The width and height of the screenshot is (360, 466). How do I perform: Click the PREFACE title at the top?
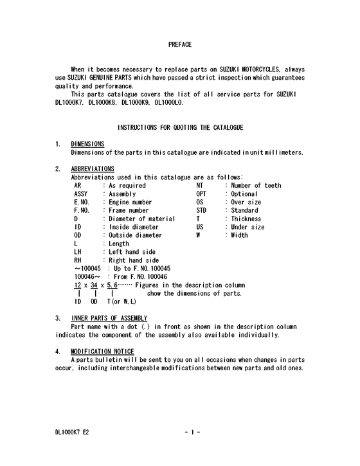pos(179,44)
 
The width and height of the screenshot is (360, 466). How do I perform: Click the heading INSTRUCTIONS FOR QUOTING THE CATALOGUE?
pos(180,128)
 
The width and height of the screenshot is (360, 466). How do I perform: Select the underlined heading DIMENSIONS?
pos(87,144)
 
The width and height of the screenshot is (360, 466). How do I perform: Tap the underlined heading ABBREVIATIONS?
pos(93,169)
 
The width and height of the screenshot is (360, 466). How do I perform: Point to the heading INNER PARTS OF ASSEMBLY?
pos(109,318)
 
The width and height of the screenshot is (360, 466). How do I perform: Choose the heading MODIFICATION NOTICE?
pos(103,351)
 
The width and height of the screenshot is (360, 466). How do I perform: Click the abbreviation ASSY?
pos(81,193)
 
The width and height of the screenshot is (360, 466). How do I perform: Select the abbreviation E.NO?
pos(82,202)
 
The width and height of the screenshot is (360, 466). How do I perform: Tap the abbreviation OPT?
pos(201,193)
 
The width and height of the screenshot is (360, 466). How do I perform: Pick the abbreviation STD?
pos(201,210)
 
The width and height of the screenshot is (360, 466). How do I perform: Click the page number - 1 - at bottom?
pos(192,432)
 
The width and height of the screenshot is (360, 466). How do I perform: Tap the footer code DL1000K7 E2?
pos(72,432)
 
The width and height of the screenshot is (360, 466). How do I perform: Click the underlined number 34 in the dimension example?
pos(94,285)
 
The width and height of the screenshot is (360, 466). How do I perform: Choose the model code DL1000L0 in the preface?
pos(169,102)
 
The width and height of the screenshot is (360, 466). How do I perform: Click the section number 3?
pos(58,318)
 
